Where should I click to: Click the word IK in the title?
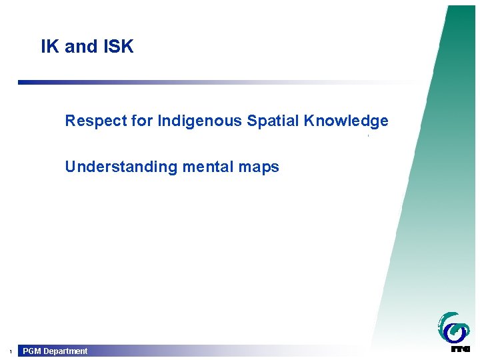(49, 47)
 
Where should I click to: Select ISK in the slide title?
(117, 47)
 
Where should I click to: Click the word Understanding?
(120, 167)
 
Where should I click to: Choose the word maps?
(257, 167)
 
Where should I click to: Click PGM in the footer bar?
(32, 351)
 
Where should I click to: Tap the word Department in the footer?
(65, 351)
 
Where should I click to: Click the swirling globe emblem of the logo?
(453, 327)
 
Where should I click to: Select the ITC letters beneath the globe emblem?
(460, 348)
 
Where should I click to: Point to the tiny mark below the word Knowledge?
(368, 136)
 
